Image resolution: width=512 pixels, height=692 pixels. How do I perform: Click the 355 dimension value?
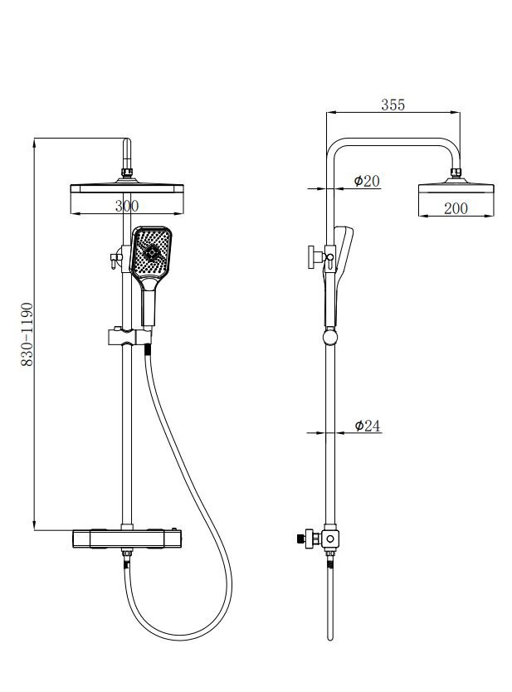point(393,105)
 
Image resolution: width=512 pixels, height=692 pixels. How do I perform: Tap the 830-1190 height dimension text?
point(27,334)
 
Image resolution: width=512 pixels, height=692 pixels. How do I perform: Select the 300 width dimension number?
point(127,206)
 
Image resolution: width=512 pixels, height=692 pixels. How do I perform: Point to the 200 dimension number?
point(456,208)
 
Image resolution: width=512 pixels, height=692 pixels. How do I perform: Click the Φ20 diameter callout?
point(367,181)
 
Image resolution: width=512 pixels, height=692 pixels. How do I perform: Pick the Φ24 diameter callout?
point(368,426)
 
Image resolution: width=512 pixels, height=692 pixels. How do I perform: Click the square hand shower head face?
point(151,253)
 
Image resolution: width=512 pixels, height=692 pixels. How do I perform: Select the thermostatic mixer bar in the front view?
point(127,538)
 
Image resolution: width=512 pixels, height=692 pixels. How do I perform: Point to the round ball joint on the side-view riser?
point(329,338)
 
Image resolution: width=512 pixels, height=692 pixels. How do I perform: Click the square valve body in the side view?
point(329,538)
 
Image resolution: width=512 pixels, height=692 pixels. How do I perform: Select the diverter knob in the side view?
point(313,257)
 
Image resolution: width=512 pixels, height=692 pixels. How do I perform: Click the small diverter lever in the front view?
point(116,259)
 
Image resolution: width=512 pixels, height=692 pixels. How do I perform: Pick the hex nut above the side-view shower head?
point(456,172)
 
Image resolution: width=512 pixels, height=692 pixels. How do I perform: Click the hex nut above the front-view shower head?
point(127,173)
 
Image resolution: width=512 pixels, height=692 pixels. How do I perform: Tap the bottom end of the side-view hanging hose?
point(329,638)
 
